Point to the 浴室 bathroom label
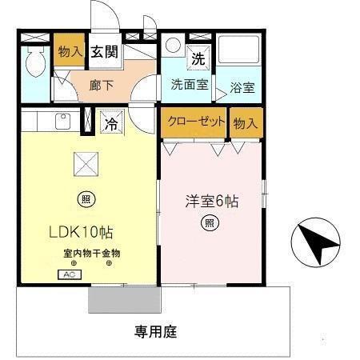tap(242, 88)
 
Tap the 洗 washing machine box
tap(197, 58)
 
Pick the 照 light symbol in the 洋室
tap(209, 222)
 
